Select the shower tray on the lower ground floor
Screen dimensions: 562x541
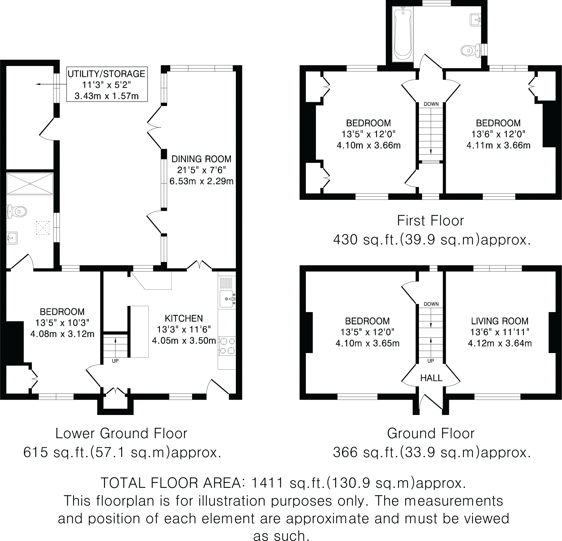click(30, 184)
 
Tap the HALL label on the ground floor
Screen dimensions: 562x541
click(431, 378)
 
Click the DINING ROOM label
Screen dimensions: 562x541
click(201, 159)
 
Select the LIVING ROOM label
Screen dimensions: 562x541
click(500, 321)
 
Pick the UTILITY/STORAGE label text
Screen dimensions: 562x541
click(107, 74)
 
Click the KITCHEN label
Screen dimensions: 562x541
click(184, 318)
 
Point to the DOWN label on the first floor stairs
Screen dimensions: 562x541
click(431, 104)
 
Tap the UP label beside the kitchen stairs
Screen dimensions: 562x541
click(115, 361)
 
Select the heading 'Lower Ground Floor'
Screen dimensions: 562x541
click(121, 433)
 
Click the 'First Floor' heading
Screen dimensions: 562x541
click(430, 221)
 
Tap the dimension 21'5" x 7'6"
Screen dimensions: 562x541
click(201, 170)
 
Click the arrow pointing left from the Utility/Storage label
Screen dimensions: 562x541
click(51, 84)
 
